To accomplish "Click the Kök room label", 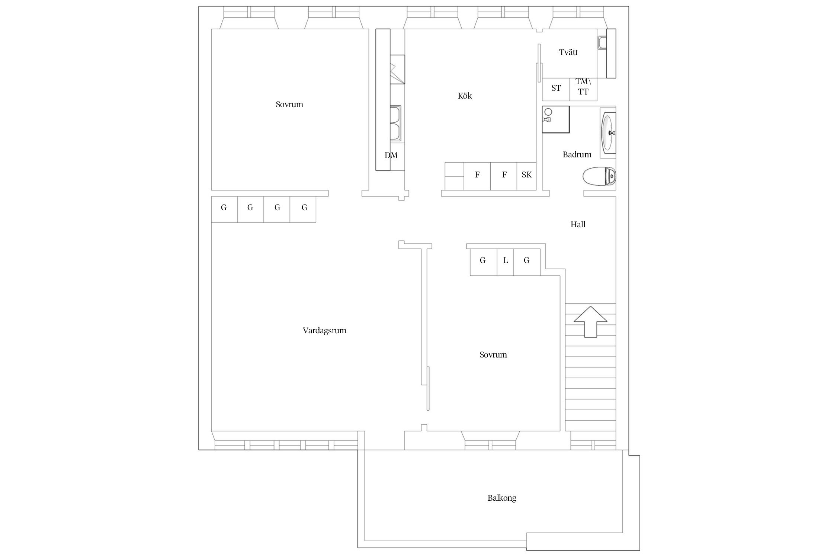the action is [465, 96].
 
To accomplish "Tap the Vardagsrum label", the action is [324, 330].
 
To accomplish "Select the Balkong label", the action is [502, 498].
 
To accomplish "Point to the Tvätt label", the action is [568, 52].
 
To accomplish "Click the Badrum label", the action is [577, 155].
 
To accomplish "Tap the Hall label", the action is [578, 224].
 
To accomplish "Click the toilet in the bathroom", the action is [599, 176].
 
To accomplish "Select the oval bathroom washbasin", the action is [608, 132].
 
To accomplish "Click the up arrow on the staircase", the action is [590, 322].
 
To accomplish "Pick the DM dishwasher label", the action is [391, 155].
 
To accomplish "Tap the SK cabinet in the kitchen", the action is [526, 176].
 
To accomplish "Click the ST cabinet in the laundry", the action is [556, 89].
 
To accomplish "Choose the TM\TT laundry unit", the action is [583, 89].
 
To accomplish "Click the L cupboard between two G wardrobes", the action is [505, 262].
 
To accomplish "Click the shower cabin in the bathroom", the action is [556, 119].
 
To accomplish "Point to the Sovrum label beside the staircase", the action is [493, 355].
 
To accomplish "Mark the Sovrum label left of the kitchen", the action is [289, 105].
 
